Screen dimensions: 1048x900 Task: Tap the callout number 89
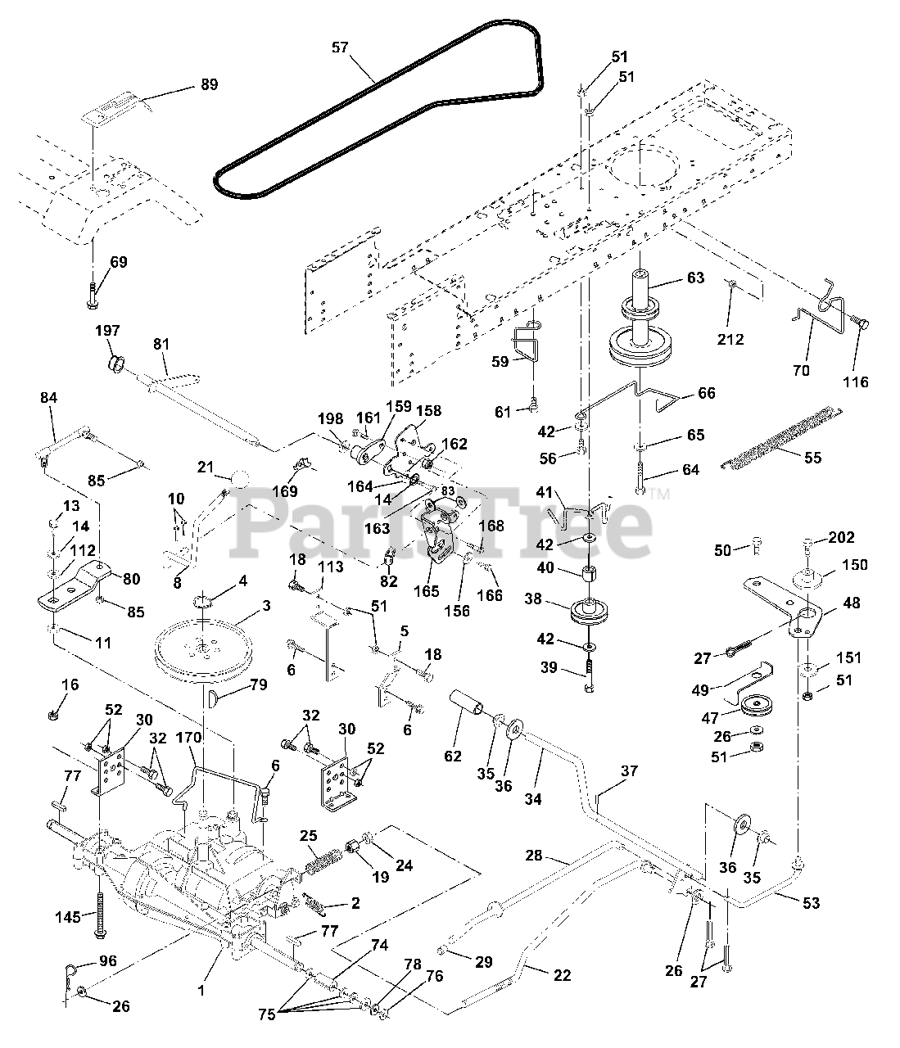(210, 84)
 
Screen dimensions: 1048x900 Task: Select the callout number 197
(108, 331)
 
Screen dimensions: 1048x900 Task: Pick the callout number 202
(841, 538)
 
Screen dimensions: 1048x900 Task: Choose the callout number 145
(68, 916)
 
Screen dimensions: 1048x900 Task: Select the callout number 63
(694, 278)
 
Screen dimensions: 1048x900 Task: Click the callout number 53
(810, 903)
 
